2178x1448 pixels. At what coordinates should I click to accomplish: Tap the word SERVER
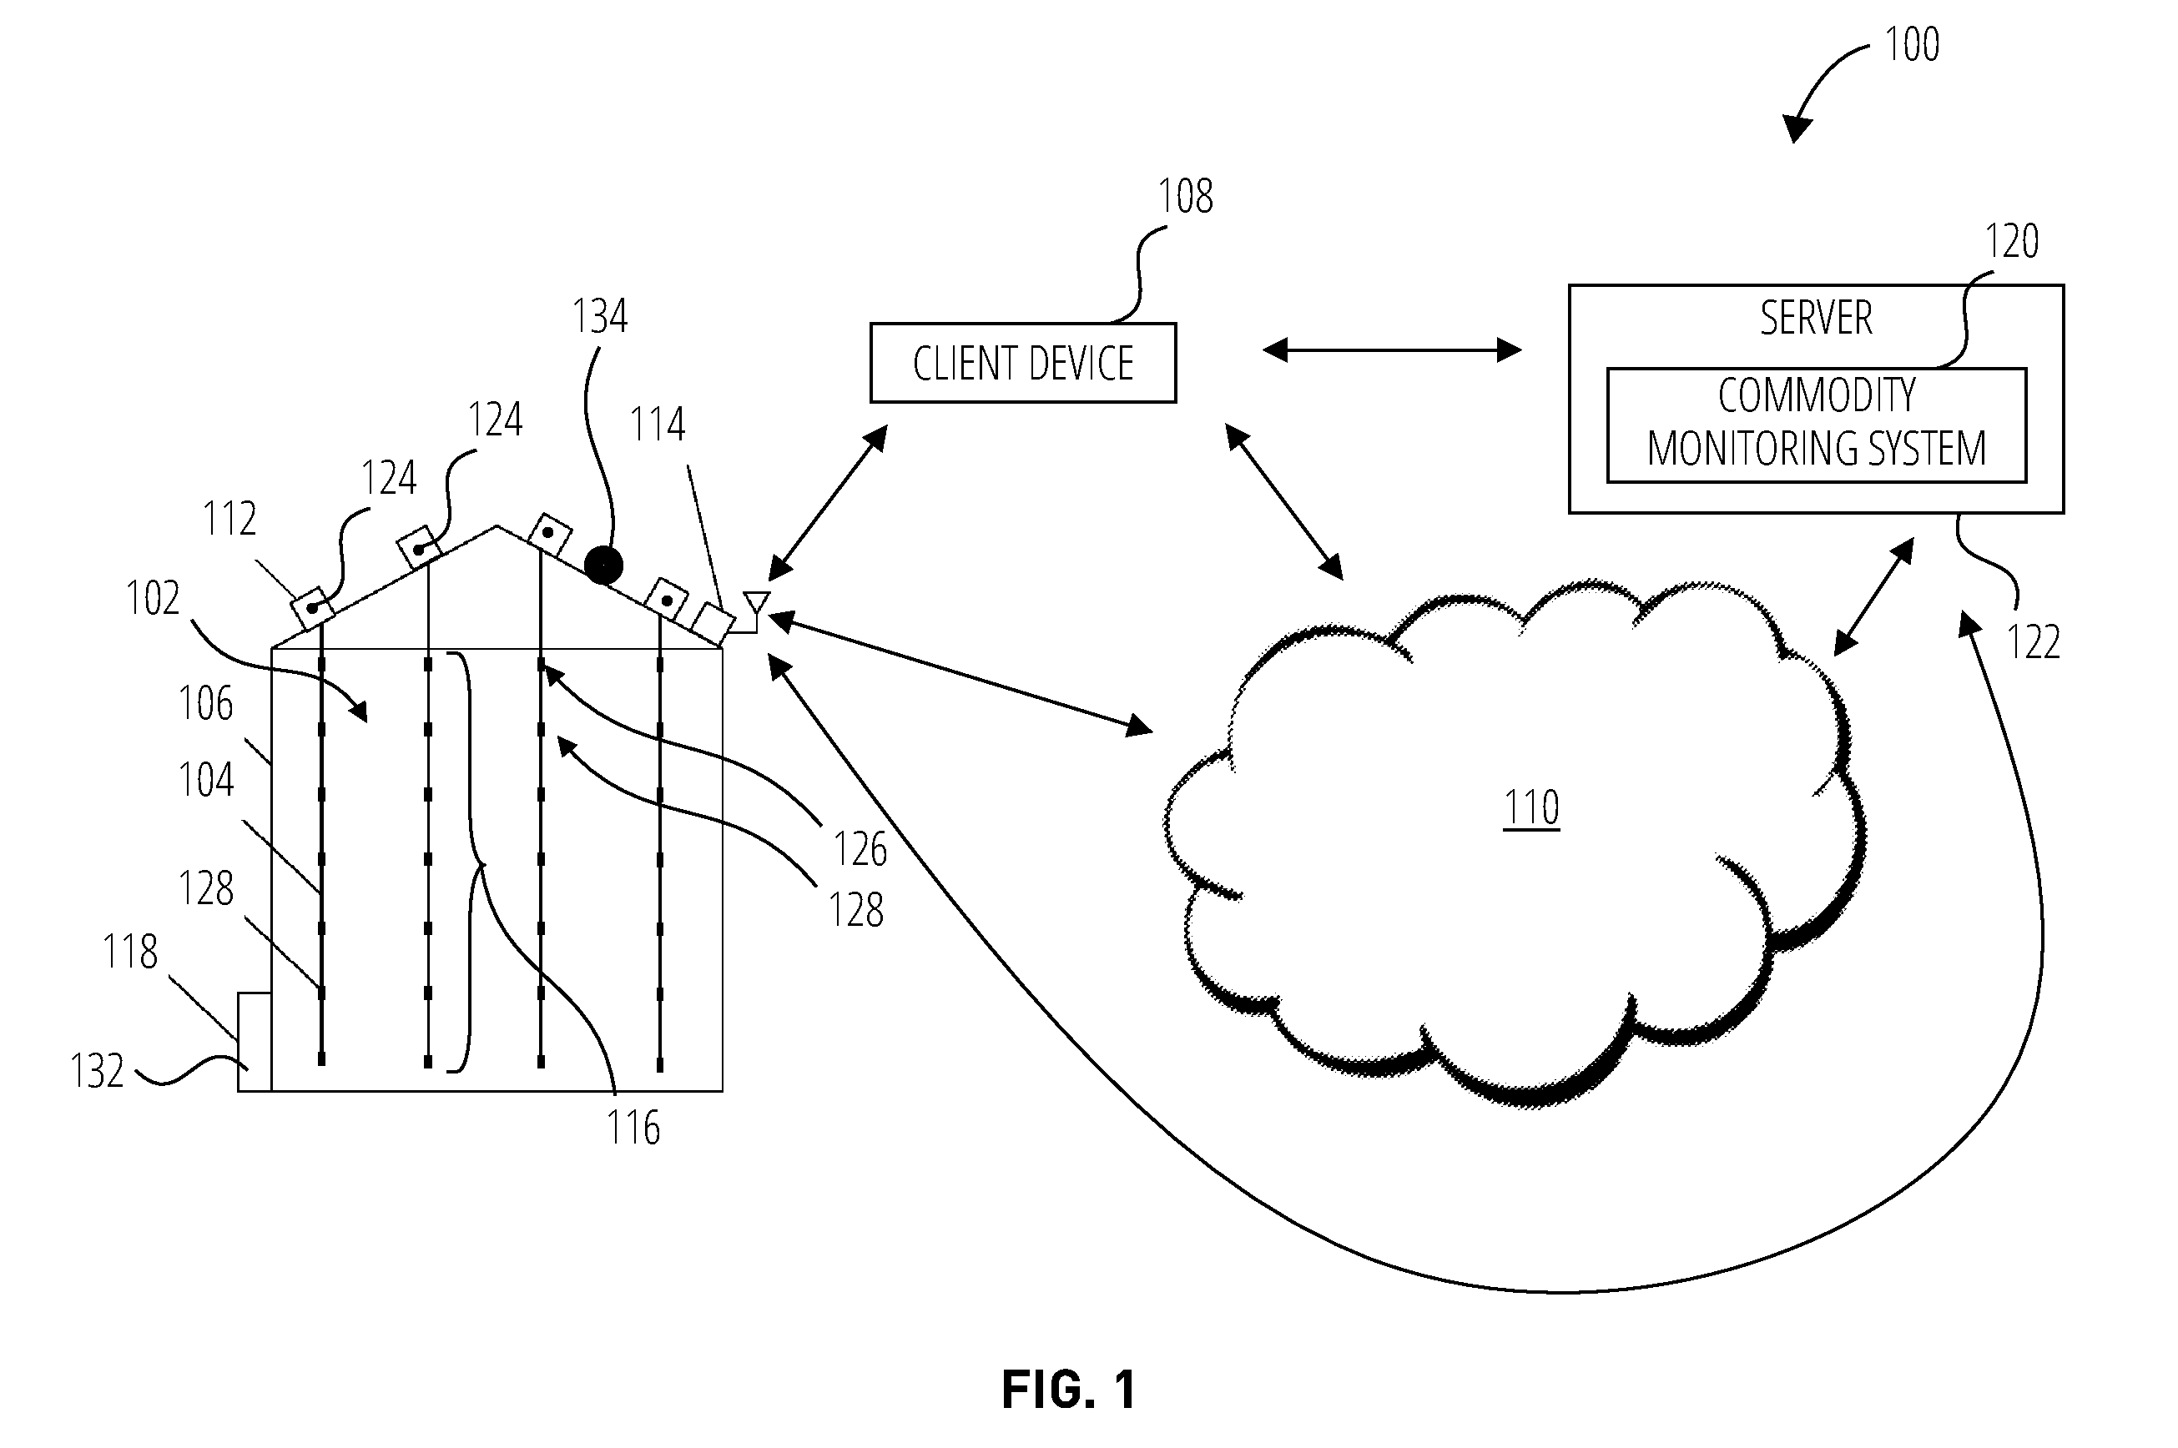pyautogui.click(x=1816, y=318)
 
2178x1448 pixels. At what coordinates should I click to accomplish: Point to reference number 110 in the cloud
pyautogui.click(x=1531, y=807)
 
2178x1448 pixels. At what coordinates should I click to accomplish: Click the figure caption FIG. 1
pyautogui.click(x=1069, y=1389)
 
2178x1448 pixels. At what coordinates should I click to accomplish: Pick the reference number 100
pyautogui.click(x=1911, y=44)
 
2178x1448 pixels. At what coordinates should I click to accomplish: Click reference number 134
pyautogui.click(x=599, y=317)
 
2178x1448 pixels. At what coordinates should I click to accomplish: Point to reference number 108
pyautogui.click(x=1185, y=196)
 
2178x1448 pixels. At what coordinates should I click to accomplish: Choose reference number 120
pyautogui.click(x=2012, y=241)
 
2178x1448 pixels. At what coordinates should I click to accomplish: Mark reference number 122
pyautogui.click(x=2033, y=641)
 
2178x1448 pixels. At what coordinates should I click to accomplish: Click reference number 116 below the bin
pyautogui.click(x=633, y=1128)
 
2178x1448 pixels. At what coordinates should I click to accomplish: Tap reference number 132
pyautogui.click(x=97, y=1071)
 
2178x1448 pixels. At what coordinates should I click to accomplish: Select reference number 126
pyautogui.click(x=860, y=848)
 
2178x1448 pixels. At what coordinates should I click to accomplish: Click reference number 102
pyautogui.click(x=153, y=598)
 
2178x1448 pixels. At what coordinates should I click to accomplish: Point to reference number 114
pyautogui.click(x=657, y=425)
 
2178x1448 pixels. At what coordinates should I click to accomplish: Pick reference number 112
pyautogui.click(x=229, y=519)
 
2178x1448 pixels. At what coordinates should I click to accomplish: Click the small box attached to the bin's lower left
pyautogui.click(x=254, y=1042)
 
